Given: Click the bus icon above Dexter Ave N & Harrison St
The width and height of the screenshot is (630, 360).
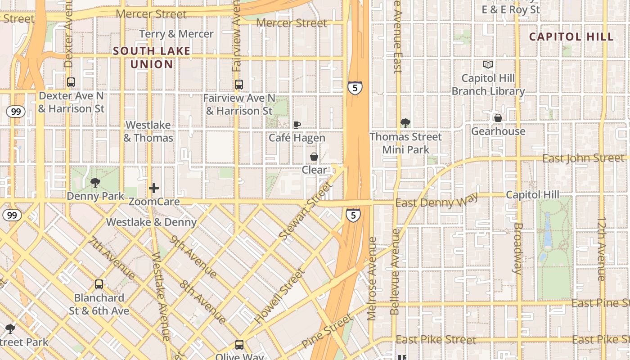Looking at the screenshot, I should tap(71, 82).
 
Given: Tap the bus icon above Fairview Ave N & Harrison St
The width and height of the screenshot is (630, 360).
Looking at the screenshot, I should tap(239, 84).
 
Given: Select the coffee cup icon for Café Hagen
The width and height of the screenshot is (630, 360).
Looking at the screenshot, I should tap(297, 125).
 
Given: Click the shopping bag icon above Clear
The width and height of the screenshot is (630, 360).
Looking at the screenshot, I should tap(314, 157).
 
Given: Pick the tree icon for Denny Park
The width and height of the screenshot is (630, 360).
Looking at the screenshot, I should tap(95, 182).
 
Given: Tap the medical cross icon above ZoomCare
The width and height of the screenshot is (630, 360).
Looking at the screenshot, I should tap(154, 188).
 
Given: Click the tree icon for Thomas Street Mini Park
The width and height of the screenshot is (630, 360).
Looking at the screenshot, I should tap(405, 123).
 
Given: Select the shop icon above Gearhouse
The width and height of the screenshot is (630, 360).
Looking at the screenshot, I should tap(498, 118).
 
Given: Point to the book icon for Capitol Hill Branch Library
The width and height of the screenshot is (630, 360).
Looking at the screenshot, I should tap(488, 65).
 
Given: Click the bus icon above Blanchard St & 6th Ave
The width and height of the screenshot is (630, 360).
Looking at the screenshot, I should tap(99, 284).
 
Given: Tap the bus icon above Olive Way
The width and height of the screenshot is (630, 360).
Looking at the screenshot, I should tap(239, 345).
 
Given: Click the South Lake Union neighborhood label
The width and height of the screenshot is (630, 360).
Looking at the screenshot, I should tap(152, 58).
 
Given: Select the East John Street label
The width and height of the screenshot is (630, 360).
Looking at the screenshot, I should tap(583, 158).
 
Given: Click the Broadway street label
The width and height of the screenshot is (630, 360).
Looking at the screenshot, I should tap(517, 248).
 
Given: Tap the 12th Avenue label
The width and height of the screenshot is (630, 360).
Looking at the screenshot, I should tap(602, 249).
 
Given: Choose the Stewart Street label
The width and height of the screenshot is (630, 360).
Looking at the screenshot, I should tap(306, 211).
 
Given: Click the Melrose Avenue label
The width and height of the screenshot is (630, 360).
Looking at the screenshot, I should tap(372, 279).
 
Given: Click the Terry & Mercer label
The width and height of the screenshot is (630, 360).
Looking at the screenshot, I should tap(176, 34).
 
